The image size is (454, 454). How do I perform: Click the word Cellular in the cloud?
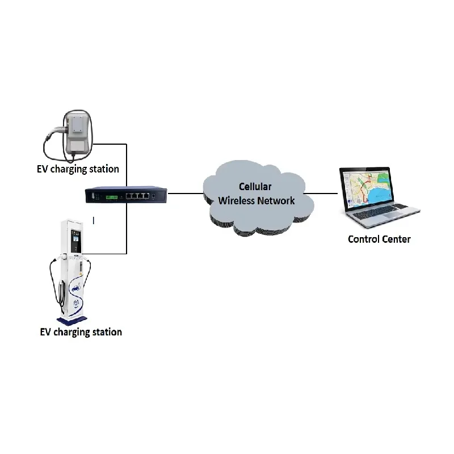(255, 187)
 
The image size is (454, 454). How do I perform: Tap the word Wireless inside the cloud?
(237, 200)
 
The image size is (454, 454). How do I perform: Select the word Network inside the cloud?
(276, 200)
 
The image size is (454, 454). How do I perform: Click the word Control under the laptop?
(363, 239)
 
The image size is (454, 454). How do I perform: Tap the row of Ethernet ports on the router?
(138, 195)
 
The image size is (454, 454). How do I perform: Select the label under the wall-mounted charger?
(78, 169)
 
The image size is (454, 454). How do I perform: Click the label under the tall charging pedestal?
(81, 331)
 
